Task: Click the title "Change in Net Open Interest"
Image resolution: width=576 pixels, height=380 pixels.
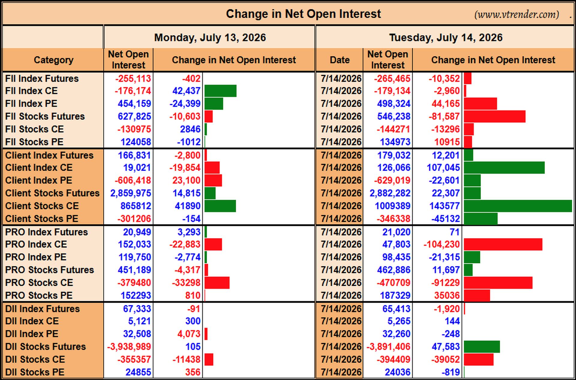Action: (x=303, y=14)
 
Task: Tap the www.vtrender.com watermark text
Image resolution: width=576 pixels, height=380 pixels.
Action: (x=517, y=14)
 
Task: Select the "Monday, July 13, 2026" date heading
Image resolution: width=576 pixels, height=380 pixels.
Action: (x=210, y=37)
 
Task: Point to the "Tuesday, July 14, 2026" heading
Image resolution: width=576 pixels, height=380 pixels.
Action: (x=446, y=37)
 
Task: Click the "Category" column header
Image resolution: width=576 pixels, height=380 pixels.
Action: (x=53, y=60)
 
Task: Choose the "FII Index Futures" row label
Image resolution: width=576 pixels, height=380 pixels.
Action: (x=42, y=79)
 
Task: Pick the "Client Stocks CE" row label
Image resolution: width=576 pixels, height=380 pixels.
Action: (x=42, y=206)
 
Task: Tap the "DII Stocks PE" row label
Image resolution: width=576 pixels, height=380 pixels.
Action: (x=35, y=372)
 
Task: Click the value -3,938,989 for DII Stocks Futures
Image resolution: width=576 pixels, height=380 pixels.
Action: (x=129, y=347)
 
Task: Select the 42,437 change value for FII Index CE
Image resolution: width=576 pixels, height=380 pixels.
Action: (x=186, y=91)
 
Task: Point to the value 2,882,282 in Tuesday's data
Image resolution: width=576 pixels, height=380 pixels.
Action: (x=390, y=193)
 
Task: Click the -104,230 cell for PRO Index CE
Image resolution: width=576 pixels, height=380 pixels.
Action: (x=442, y=244)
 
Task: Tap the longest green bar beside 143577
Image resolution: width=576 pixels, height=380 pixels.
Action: (x=518, y=206)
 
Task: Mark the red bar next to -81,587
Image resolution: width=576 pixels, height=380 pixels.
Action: (x=495, y=116)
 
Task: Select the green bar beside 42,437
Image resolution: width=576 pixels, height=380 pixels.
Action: (x=220, y=91)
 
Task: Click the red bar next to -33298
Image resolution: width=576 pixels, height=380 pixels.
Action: (x=217, y=283)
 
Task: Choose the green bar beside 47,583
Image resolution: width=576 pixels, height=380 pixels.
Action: (x=482, y=347)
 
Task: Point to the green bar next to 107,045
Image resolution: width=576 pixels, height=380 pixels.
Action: (x=504, y=168)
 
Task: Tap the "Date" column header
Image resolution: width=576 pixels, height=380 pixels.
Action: (x=340, y=60)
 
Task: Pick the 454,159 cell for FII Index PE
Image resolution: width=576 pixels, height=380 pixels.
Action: (x=134, y=104)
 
